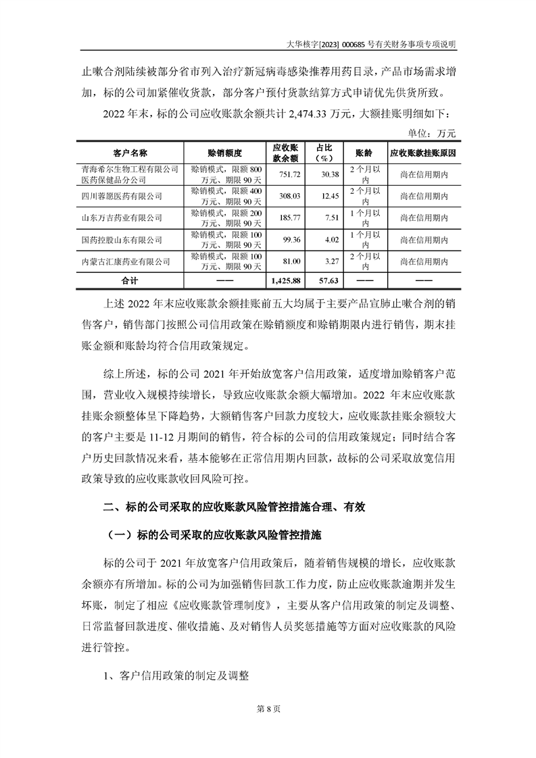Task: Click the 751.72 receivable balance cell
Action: coord(285,175)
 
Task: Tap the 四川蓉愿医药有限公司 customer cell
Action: coord(122,196)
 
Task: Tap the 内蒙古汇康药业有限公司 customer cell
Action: coord(125,261)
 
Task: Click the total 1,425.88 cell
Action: coord(285,280)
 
